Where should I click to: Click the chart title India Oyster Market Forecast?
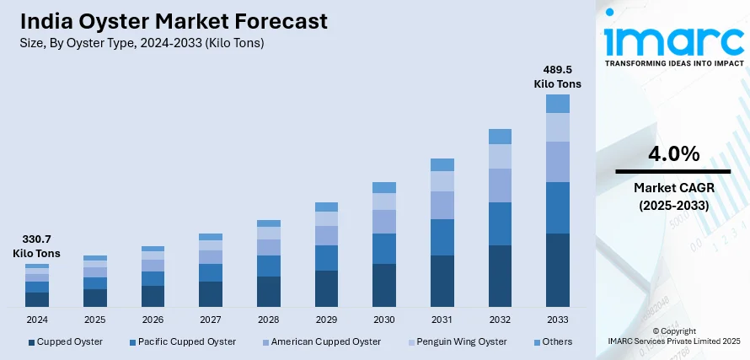point(172,20)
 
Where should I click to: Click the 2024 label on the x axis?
point(37,320)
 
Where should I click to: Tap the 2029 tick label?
point(326,320)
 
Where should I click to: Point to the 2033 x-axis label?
point(557,320)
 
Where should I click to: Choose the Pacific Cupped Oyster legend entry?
point(183,341)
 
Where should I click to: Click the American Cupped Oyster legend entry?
point(321,341)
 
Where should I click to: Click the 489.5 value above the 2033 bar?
point(557,70)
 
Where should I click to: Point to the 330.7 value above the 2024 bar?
point(37,239)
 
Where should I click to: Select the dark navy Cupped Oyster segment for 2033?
point(557,270)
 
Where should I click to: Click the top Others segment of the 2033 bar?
point(557,104)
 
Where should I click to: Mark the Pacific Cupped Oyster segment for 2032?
point(500,223)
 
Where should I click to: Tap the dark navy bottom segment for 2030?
point(384,285)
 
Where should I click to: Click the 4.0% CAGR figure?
point(673,154)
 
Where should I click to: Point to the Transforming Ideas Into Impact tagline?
point(672,63)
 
